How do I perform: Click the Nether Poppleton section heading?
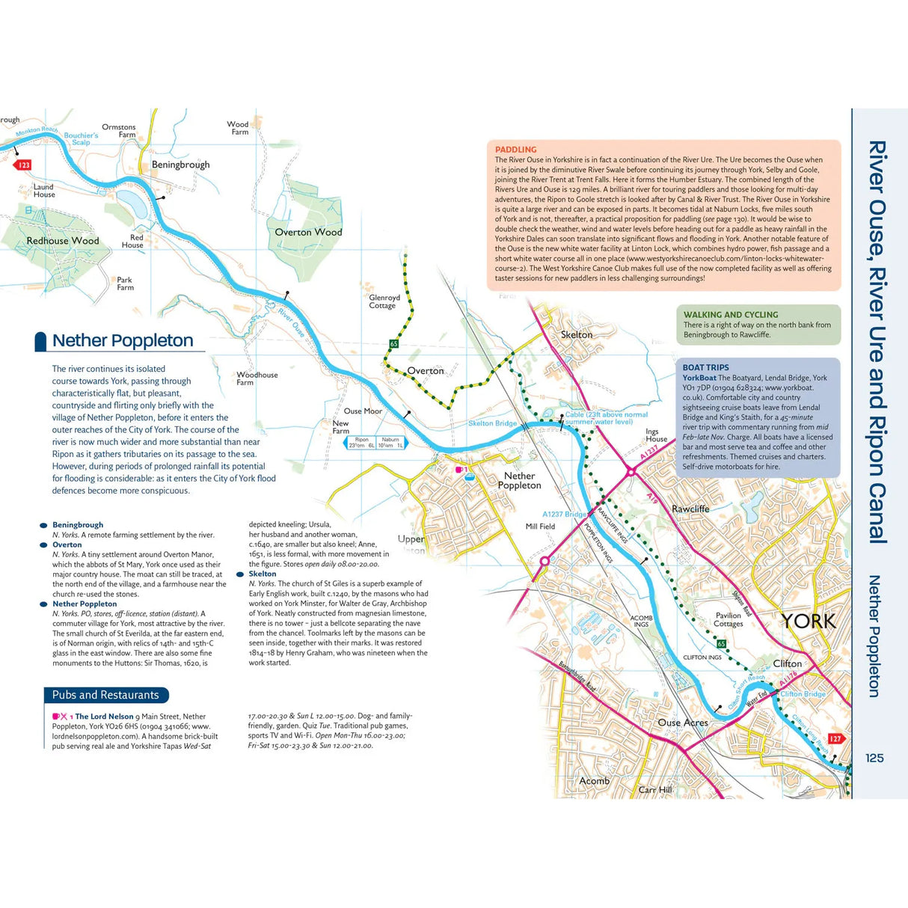tap(123, 341)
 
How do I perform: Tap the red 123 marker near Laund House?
tap(24, 165)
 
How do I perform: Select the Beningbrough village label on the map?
tap(180, 165)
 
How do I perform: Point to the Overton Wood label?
tap(308, 233)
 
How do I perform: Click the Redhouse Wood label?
tap(63, 241)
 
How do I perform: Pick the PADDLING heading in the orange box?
tap(515, 150)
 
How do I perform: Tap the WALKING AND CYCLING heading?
tap(730, 315)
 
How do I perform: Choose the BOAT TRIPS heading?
tap(705, 367)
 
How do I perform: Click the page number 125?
tap(874, 758)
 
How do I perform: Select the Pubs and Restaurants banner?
tap(105, 695)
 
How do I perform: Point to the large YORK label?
tap(809, 621)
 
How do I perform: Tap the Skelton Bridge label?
tap(492, 423)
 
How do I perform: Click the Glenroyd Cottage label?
tap(384, 301)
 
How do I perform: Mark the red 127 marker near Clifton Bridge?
tap(835, 738)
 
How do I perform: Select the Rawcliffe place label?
tap(690, 509)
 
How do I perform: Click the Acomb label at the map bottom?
tap(594, 781)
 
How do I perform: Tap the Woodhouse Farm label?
tap(257, 378)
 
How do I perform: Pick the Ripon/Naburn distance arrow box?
tap(376, 443)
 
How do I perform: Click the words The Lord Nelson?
tap(104, 717)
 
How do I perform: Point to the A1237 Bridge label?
tap(564, 514)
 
